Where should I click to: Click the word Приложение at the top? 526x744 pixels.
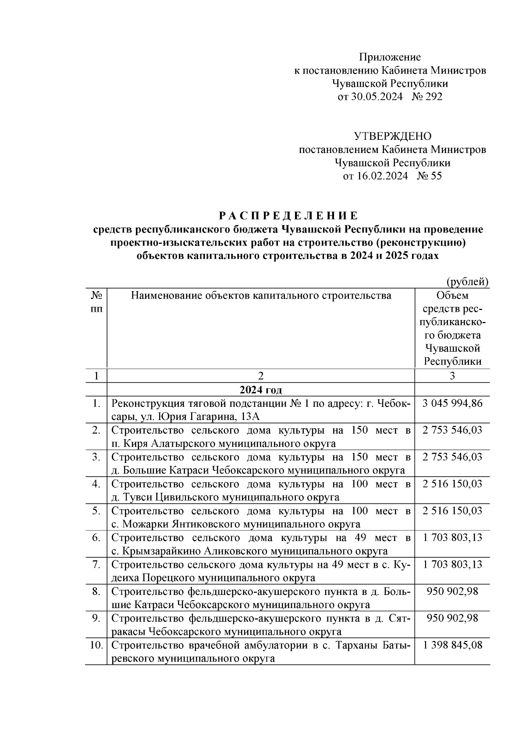[x=390, y=57]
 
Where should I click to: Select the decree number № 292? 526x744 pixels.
[x=427, y=97]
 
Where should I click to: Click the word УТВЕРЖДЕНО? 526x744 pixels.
[x=392, y=136]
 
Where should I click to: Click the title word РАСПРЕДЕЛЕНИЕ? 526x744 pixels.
[x=288, y=216]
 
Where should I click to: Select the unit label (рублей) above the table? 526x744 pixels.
[x=467, y=282]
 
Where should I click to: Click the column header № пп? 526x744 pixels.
[x=96, y=302]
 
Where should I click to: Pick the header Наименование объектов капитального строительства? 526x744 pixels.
[x=261, y=296]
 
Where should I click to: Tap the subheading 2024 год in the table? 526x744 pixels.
[x=261, y=390]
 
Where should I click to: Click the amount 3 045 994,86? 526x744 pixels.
[x=452, y=403]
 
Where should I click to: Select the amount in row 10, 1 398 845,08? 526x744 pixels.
[x=452, y=645]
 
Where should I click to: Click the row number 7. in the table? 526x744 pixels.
[x=96, y=565]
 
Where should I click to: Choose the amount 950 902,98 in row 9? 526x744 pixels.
[x=452, y=619]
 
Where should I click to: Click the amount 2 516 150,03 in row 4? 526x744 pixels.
[x=452, y=484]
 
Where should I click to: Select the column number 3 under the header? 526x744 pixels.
[x=452, y=376]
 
